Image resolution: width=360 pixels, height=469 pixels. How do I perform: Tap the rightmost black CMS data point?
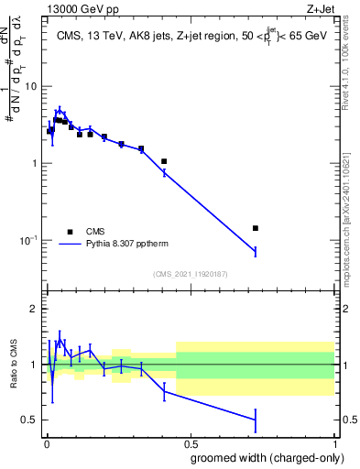256,228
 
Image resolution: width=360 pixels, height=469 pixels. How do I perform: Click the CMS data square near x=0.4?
164,161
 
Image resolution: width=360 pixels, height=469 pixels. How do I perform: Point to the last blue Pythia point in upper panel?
256,251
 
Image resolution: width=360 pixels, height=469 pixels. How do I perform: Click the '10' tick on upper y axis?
30,86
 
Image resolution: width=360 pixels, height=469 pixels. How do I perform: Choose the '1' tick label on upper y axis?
34,163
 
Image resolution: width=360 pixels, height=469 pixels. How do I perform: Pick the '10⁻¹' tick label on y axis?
27,240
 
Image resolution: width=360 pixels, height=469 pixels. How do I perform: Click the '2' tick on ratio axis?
34,309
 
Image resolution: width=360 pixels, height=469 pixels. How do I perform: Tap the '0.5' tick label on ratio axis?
29,420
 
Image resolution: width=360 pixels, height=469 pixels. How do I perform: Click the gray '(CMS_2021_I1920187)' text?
190,273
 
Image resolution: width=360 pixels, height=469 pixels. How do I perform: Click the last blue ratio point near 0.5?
256,420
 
